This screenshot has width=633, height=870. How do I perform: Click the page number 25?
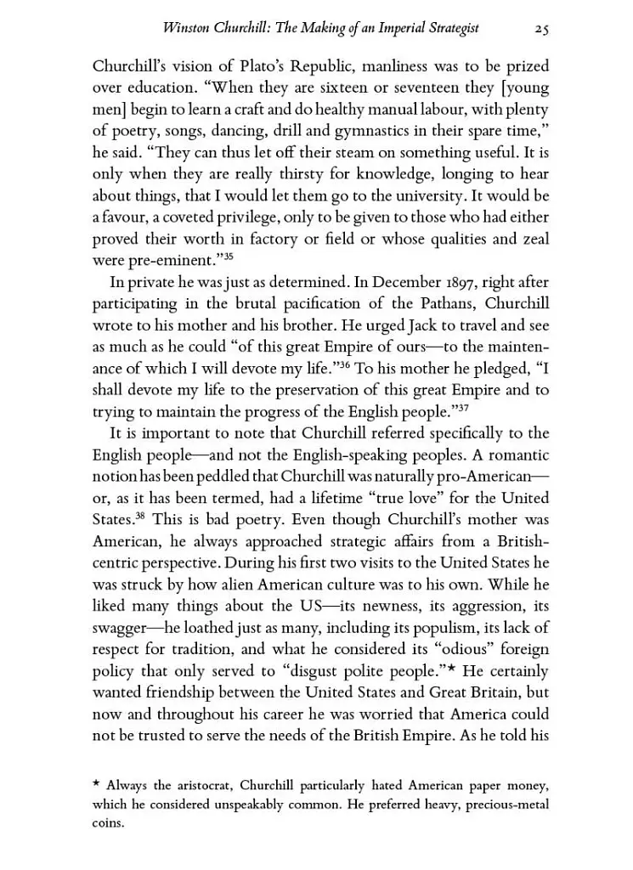point(540,28)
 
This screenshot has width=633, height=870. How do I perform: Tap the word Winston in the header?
point(184,28)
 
